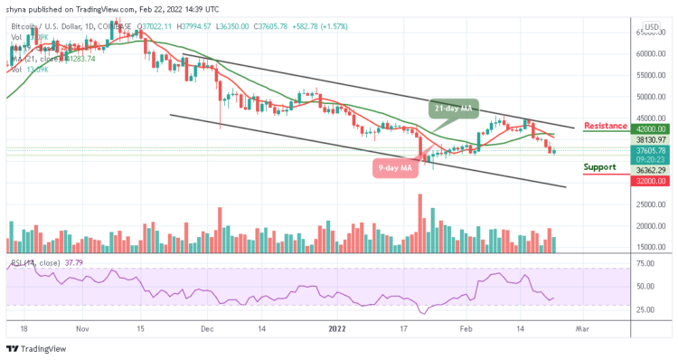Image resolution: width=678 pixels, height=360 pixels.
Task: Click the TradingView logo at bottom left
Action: pyautogui.click(x=35, y=349)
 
